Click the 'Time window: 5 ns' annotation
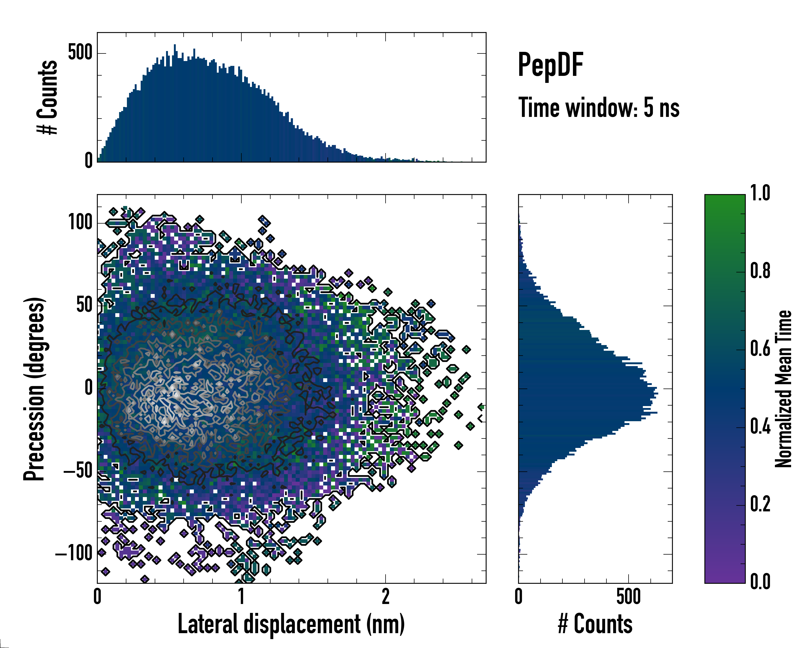[599, 108]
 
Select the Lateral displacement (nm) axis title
[291, 624]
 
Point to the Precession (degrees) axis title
[35, 389]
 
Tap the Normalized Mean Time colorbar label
[783, 389]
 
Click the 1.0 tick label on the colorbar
[760, 194]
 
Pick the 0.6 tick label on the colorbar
[760, 349]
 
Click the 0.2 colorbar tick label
[760, 504]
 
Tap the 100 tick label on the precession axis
[80, 222]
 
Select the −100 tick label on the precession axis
[74, 553]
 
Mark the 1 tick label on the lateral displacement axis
[241, 596]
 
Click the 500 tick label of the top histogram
[80, 53]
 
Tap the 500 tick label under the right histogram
[628, 596]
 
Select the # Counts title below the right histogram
[595, 624]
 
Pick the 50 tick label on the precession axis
[85, 305]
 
